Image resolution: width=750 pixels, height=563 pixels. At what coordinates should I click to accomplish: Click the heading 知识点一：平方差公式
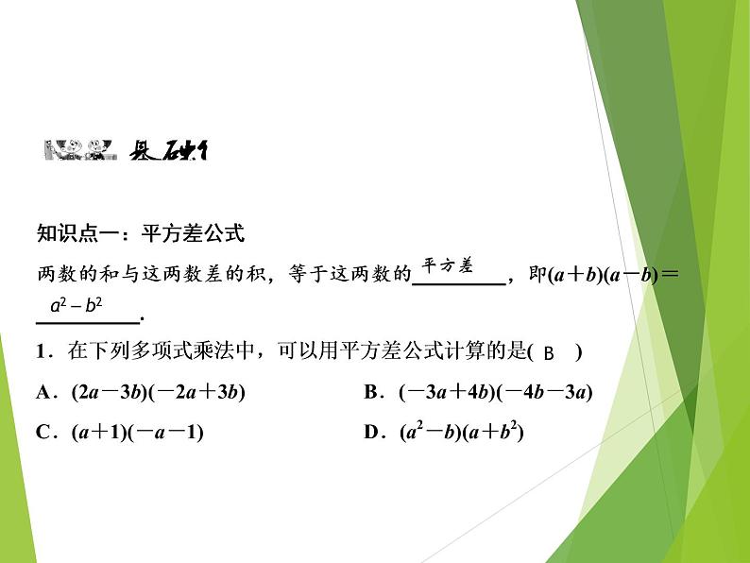point(140,232)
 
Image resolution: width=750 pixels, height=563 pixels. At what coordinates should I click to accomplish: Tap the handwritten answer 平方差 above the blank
point(446,265)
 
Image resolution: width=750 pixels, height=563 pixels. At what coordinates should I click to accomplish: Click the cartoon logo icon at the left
point(75,150)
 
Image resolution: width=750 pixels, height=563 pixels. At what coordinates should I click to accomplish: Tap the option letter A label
point(43,393)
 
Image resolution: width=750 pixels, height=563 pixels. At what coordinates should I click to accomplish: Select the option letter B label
point(371,393)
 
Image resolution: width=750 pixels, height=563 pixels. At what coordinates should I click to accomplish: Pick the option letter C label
point(43,433)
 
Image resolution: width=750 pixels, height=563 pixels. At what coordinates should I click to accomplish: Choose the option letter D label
point(371,433)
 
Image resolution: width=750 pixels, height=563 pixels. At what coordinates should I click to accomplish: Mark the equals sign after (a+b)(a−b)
point(671,276)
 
